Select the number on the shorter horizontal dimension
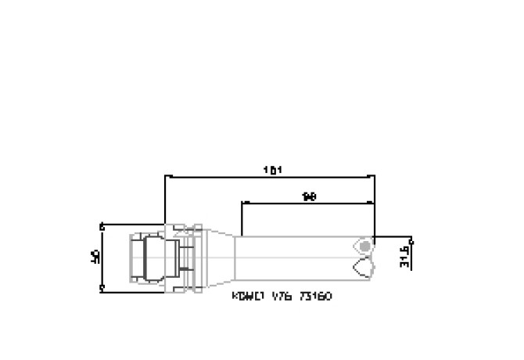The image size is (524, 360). [x=309, y=196]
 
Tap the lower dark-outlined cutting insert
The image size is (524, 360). [x=364, y=268]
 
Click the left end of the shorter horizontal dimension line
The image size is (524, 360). [x=242, y=203]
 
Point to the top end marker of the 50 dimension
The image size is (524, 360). [x=102, y=224]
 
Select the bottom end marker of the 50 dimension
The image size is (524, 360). [x=102, y=288]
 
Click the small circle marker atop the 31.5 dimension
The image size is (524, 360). [x=411, y=239]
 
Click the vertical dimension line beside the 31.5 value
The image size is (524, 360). [x=411, y=254]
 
